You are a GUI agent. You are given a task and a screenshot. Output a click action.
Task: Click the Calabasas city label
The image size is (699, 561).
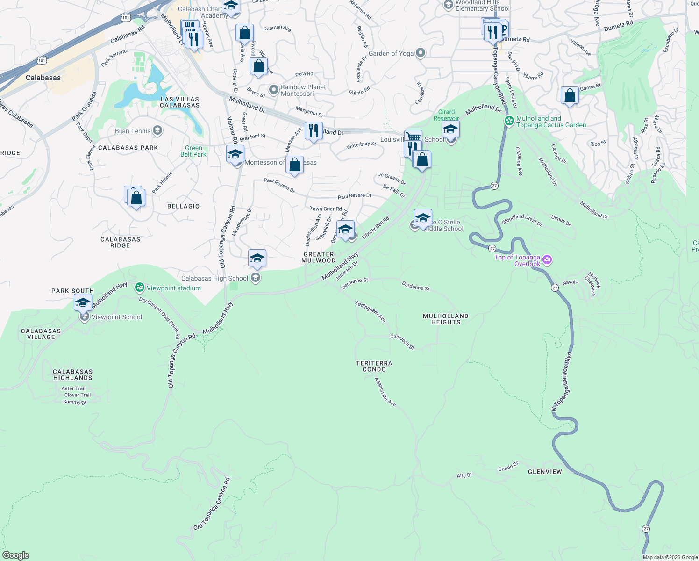pyautogui.click(x=43, y=78)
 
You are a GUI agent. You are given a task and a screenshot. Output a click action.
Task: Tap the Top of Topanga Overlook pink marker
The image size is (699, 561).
pyautogui.click(x=547, y=260)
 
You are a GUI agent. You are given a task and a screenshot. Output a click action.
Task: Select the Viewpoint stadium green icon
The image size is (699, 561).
pyautogui.click(x=139, y=288)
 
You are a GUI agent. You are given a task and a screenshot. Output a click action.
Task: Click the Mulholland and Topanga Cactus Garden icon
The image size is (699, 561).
pyautogui.click(x=509, y=121)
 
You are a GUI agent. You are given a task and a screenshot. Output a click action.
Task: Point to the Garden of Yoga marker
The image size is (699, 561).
pyautogui.click(x=420, y=53)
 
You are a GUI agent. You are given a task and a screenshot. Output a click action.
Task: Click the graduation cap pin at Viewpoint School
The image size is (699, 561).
pyautogui.click(x=83, y=303)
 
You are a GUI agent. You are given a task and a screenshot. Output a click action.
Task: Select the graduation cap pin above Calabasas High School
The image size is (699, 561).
pyautogui.click(x=257, y=259)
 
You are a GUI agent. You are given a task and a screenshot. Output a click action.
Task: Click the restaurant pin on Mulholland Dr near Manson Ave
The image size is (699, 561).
pyautogui.click(x=314, y=131)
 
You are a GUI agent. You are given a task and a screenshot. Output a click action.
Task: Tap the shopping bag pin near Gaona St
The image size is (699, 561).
pyautogui.click(x=570, y=95)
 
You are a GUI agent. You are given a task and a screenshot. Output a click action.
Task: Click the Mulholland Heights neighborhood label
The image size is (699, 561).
pyautogui.click(x=445, y=319)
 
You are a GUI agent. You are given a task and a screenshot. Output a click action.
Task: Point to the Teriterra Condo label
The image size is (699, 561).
pyautogui.click(x=374, y=366)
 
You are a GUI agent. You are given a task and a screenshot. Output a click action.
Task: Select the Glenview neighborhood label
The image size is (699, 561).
pyautogui.click(x=545, y=472)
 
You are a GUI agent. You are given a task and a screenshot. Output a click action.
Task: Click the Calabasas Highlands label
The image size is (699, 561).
pyautogui.click(x=72, y=374)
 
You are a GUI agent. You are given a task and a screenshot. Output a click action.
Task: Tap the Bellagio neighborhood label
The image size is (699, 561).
pyautogui.click(x=183, y=206)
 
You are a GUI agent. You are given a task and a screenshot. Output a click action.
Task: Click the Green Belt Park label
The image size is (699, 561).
pyautogui.click(x=193, y=151)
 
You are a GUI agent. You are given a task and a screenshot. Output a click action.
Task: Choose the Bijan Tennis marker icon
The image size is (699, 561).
pyautogui.click(x=157, y=130)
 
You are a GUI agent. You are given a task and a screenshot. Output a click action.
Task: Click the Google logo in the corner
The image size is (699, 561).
pyautogui.click(x=15, y=555)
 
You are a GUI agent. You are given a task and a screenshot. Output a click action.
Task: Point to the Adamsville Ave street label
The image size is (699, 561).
pyautogui.click(x=385, y=392)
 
